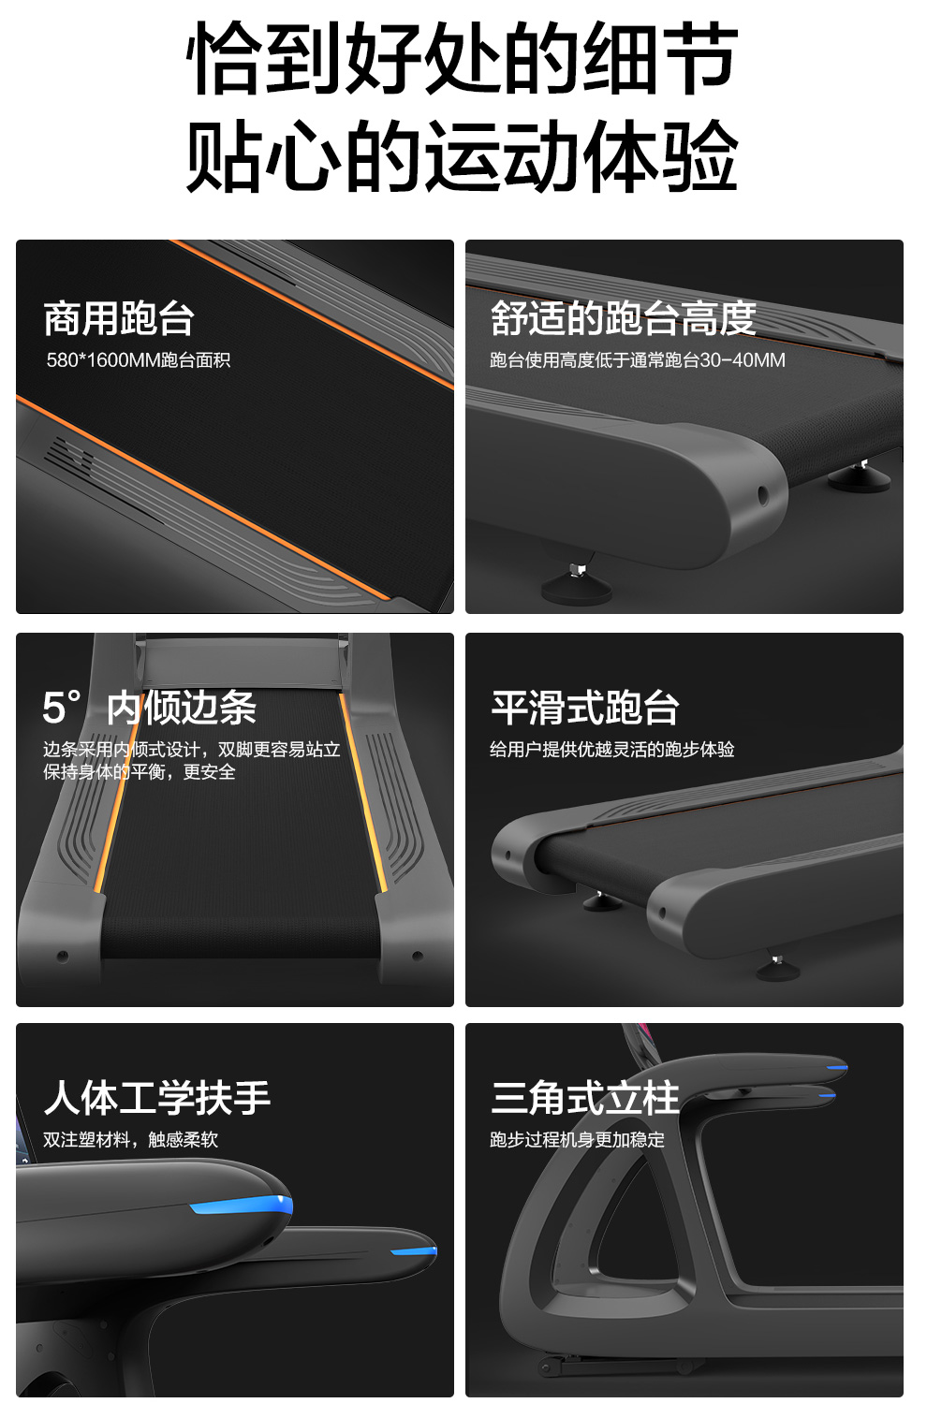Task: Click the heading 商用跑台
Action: (x=118, y=318)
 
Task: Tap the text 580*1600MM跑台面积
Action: (x=138, y=360)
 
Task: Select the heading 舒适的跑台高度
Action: (x=623, y=318)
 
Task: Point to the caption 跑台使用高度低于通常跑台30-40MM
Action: (x=637, y=360)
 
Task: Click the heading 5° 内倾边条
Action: (x=150, y=707)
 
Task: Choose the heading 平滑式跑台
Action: (x=585, y=707)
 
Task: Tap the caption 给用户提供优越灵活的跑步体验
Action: (x=611, y=750)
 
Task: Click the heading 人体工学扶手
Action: (x=157, y=1098)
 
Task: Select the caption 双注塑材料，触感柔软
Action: (x=130, y=1139)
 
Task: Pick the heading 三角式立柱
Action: (x=585, y=1098)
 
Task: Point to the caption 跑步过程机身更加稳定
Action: (x=577, y=1139)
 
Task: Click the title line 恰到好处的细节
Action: (x=463, y=57)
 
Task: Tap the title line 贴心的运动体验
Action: (x=463, y=155)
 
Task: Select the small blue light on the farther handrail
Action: (x=414, y=1250)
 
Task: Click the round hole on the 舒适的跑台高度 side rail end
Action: (x=763, y=495)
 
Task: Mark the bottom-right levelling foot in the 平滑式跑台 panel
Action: (x=777, y=968)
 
